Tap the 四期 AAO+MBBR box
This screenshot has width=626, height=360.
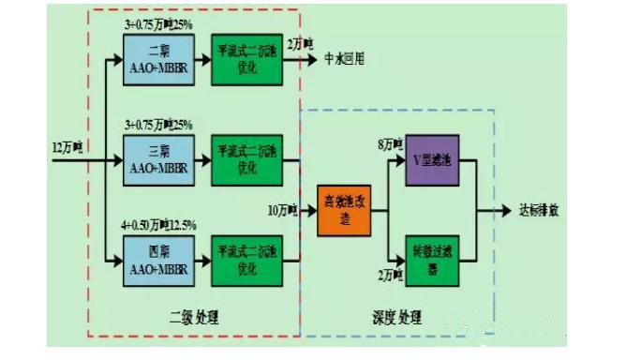(x=156, y=259)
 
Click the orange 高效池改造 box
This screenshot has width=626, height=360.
(x=341, y=209)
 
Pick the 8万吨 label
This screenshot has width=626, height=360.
(x=389, y=144)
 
